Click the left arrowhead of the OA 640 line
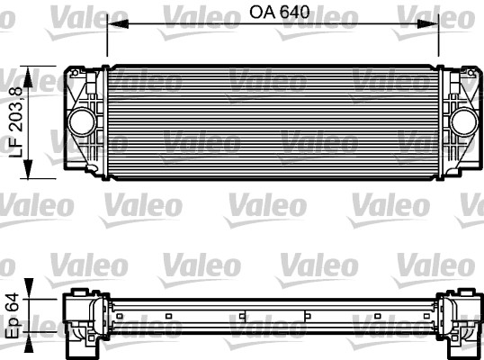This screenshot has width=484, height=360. [x=111, y=26]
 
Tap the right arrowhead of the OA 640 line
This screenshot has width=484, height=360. [x=435, y=26]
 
